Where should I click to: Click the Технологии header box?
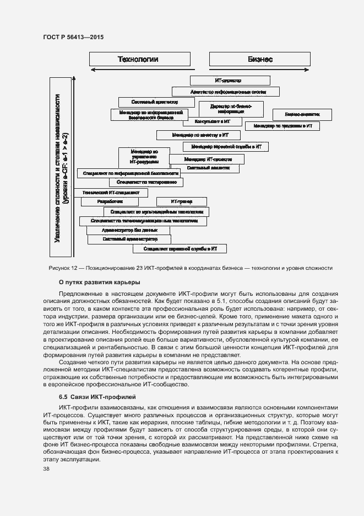coord(140,60)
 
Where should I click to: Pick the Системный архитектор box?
coord(156,102)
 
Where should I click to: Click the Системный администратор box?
coord(130,240)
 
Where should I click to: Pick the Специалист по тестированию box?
coord(146,182)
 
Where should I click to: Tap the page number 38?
coord(46,469)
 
